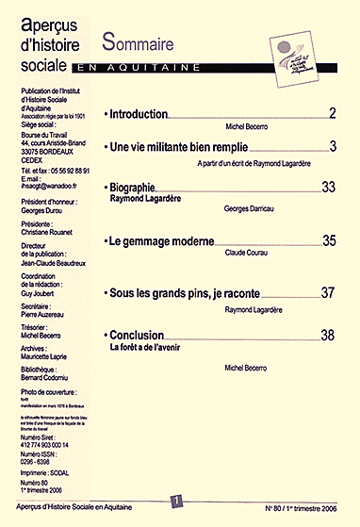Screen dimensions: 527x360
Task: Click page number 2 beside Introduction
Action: click(333, 114)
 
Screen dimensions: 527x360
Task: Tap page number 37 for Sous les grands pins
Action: click(329, 294)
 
